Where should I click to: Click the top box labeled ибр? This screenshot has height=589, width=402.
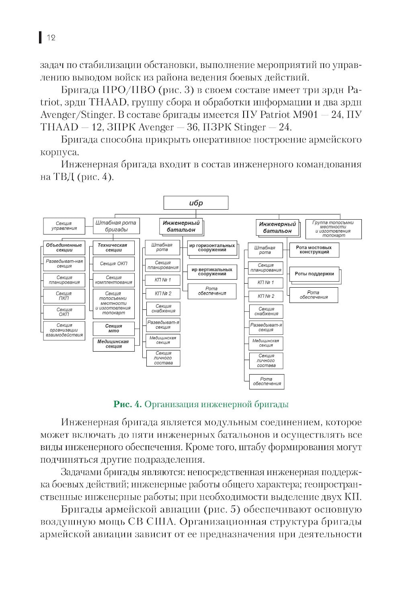[x=196, y=203]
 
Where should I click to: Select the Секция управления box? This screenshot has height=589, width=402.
[x=64, y=226]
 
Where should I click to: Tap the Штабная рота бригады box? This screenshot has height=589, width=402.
[x=116, y=226]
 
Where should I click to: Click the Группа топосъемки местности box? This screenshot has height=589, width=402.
[x=333, y=229]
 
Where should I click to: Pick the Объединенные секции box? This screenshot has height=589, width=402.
[x=64, y=247]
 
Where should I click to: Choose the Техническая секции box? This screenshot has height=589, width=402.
[x=114, y=247]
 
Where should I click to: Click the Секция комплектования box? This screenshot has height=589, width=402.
[x=114, y=280]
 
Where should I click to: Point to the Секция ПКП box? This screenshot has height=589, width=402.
[x=64, y=296]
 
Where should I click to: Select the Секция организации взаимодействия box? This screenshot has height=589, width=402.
[x=64, y=330]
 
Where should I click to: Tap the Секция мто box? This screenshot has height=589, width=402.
[x=114, y=328]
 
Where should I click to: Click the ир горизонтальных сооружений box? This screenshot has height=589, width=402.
[x=212, y=247]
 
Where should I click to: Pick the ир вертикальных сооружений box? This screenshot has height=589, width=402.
[x=212, y=272]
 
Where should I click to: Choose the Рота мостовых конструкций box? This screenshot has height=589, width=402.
[x=314, y=250]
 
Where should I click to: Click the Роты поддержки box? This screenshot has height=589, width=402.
[x=314, y=274]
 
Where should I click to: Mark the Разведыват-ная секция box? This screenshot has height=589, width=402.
[x=64, y=264]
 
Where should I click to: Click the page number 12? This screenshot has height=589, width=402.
[x=51, y=38]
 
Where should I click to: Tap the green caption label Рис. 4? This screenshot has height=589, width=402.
[x=127, y=404]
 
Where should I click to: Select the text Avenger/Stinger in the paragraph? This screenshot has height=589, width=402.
[x=75, y=115]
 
